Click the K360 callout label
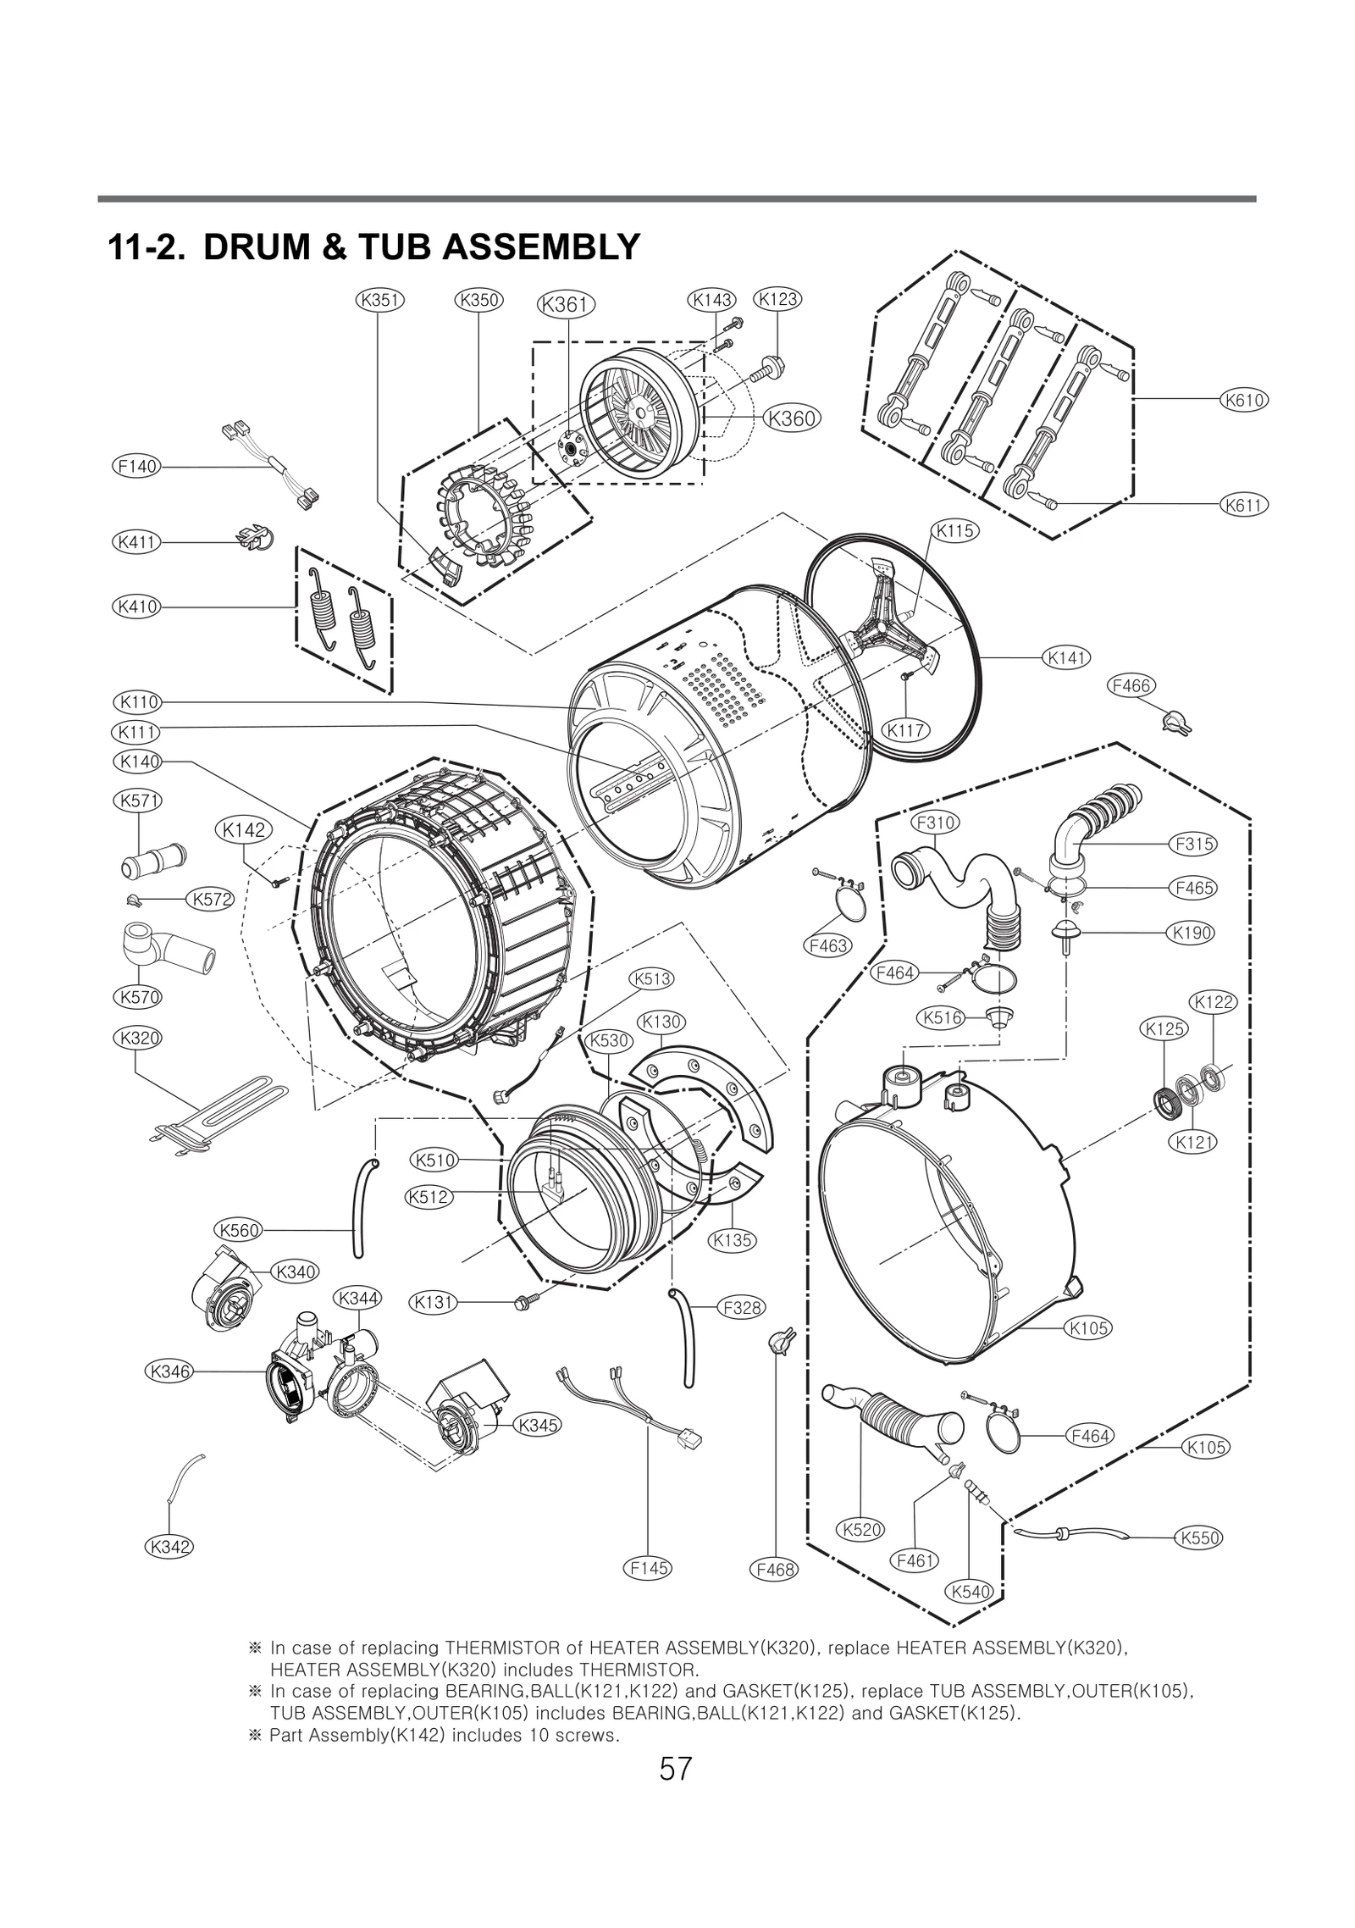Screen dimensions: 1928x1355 coord(792,418)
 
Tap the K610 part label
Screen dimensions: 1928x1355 coord(1243,400)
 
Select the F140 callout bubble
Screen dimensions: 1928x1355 coord(137,466)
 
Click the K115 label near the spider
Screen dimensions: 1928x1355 coord(954,530)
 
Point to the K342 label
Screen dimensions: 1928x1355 coord(169,1546)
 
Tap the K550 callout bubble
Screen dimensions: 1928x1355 coord(1198,1537)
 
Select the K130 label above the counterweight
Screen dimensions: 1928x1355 coord(661,1022)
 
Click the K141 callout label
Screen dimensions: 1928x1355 coord(1066,657)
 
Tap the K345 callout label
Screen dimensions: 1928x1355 coord(538,1425)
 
